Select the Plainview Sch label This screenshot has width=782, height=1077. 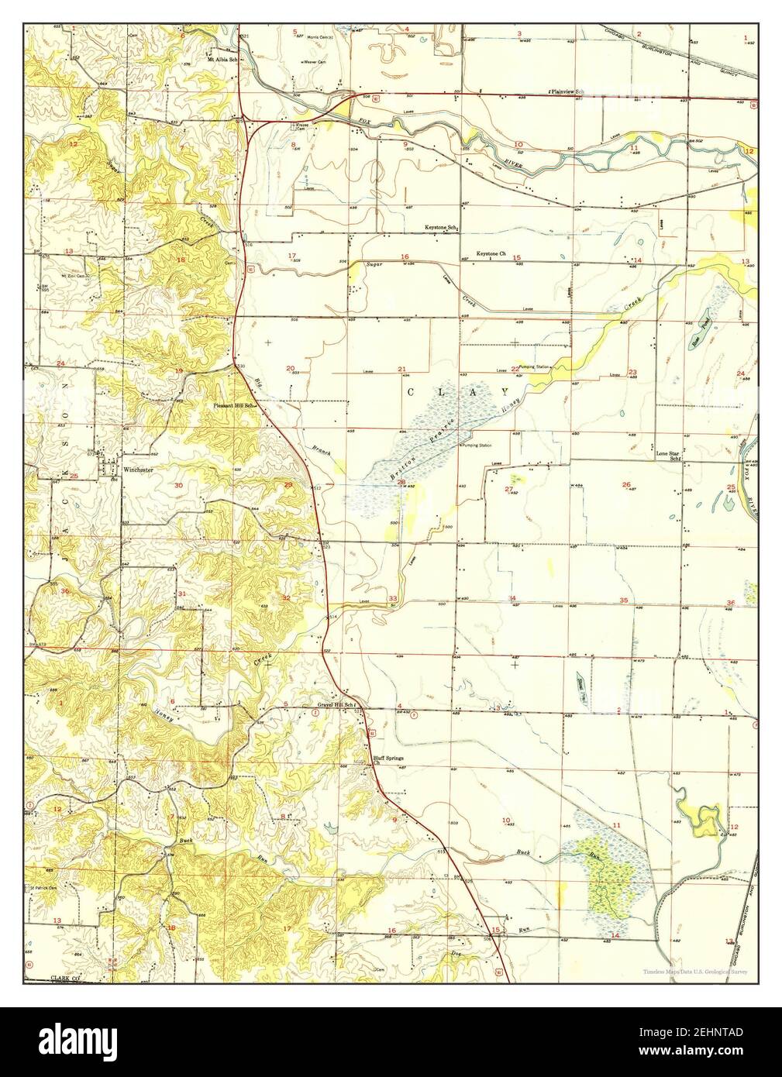click(566, 91)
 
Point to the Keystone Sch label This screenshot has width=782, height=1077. click(441, 227)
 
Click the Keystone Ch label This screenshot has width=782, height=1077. click(491, 253)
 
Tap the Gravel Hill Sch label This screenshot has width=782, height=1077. click(335, 704)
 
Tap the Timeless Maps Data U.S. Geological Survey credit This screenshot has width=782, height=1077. click(694, 972)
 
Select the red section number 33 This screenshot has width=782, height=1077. click(393, 598)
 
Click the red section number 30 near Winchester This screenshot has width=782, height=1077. click(178, 485)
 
